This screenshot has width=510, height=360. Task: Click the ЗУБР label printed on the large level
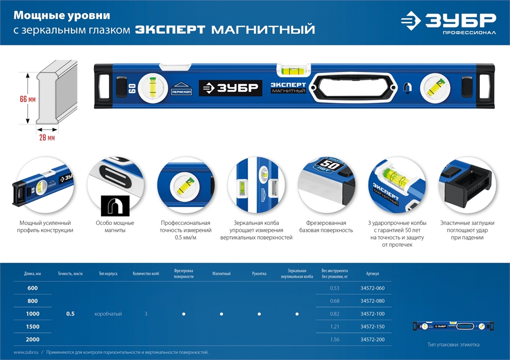(x=230, y=88)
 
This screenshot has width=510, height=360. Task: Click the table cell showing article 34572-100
(x=372, y=314)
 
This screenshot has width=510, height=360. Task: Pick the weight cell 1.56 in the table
(x=334, y=339)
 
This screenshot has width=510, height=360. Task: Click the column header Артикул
(x=372, y=274)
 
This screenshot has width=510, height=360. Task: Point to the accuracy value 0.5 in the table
(x=70, y=314)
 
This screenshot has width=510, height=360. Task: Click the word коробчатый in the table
(x=108, y=314)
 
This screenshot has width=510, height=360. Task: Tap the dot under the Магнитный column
(x=221, y=314)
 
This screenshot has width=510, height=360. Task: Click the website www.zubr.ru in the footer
(x=28, y=352)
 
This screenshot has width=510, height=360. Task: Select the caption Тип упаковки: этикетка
(x=453, y=345)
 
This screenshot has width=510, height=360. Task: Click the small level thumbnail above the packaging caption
(x=453, y=326)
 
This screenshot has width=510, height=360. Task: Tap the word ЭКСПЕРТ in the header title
(x=171, y=30)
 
